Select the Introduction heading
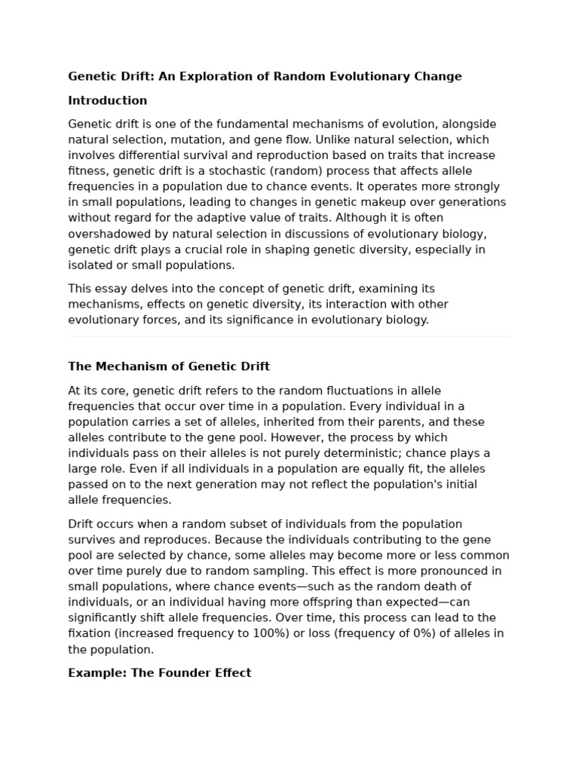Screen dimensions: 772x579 107,100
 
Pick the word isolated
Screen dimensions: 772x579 90,265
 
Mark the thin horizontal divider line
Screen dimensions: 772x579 289,337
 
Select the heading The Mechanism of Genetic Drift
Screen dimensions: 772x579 169,366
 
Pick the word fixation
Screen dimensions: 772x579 90,633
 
